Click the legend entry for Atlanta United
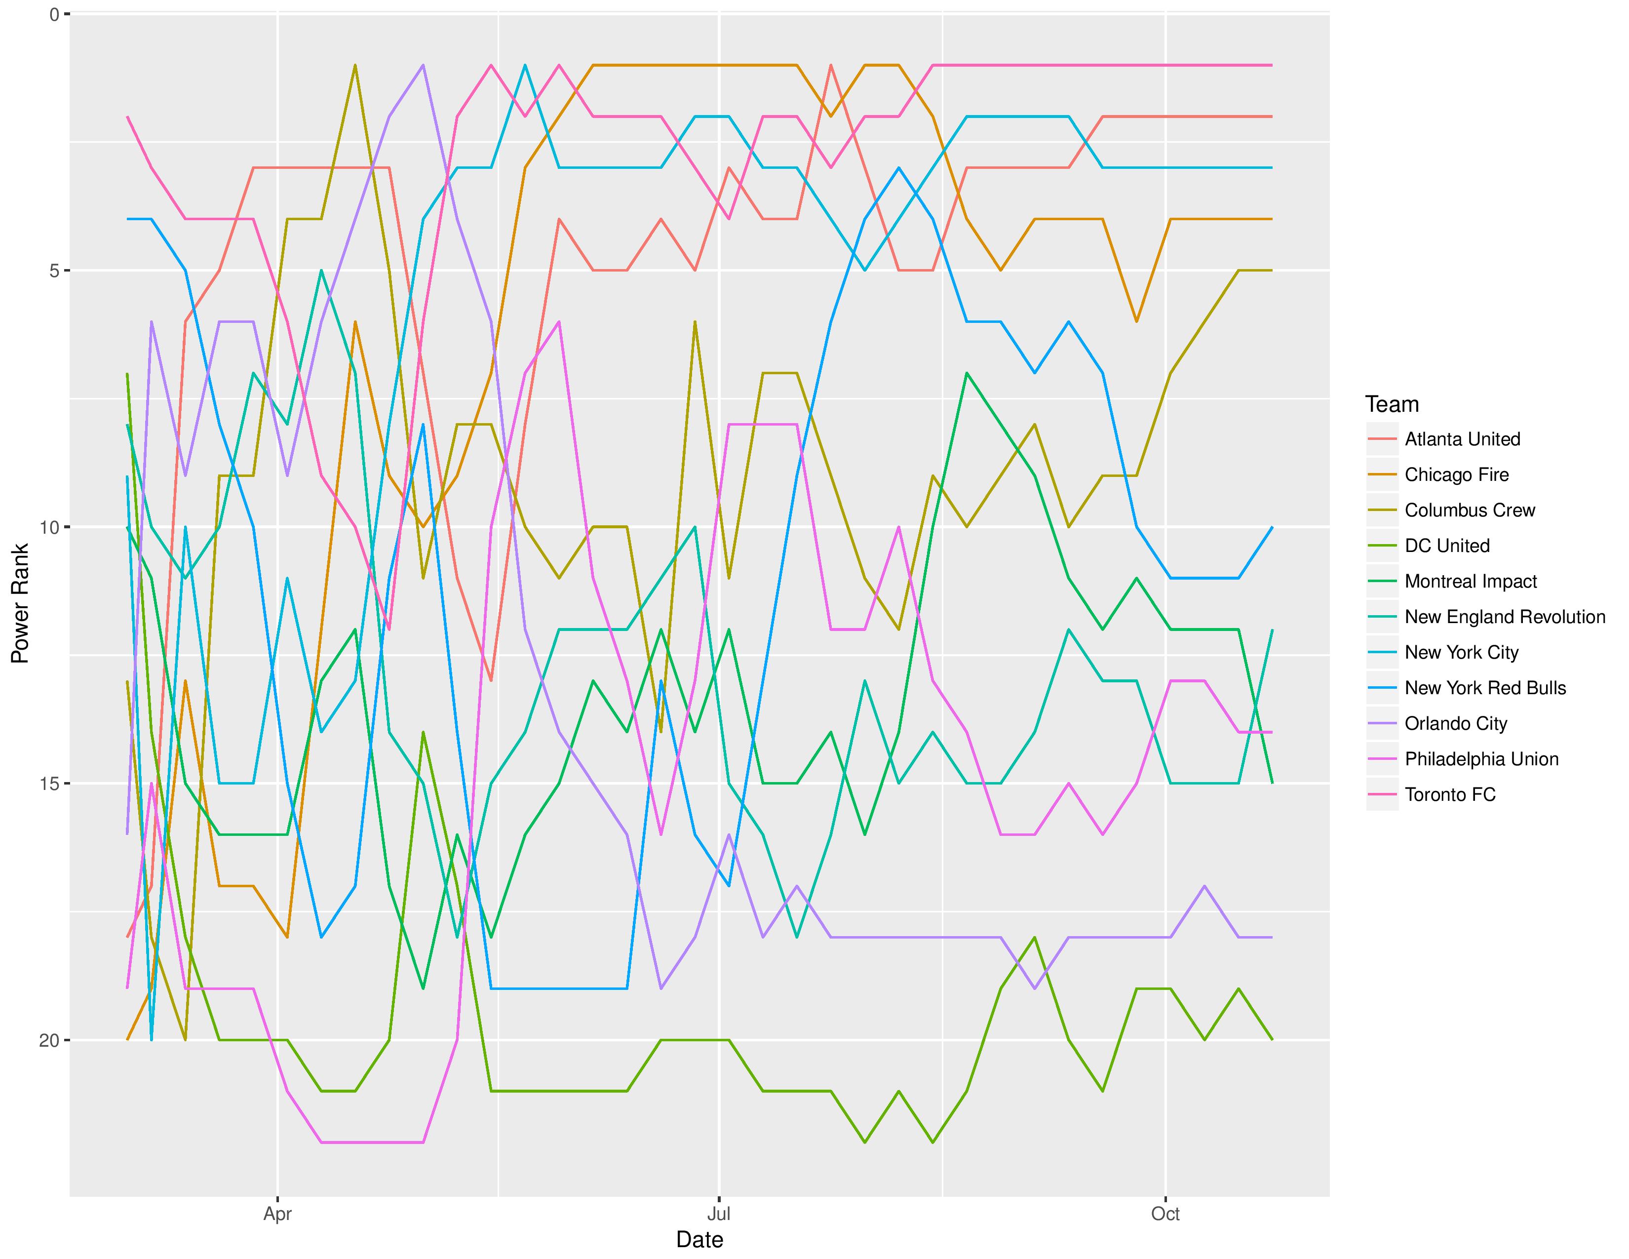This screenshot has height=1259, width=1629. click(1462, 439)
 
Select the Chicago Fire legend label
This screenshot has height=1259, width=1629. click(1456, 475)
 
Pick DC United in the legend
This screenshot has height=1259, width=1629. click(1447, 546)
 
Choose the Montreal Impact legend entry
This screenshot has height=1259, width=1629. click(1471, 582)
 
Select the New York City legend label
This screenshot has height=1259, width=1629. click(1461, 653)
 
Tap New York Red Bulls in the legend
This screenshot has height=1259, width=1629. click(1485, 688)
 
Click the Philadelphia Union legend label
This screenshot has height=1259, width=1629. click(1481, 759)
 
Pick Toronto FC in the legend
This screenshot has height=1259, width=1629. click(1450, 794)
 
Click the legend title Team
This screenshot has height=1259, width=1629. click(1392, 404)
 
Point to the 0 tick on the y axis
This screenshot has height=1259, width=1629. click(54, 14)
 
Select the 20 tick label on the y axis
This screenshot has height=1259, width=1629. click(49, 1040)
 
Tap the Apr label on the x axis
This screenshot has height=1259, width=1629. click(277, 1214)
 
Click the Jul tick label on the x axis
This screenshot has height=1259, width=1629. click(718, 1214)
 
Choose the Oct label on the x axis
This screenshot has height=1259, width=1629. click(1165, 1214)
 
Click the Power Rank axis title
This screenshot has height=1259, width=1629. click(20, 603)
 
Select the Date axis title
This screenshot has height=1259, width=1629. click(699, 1240)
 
